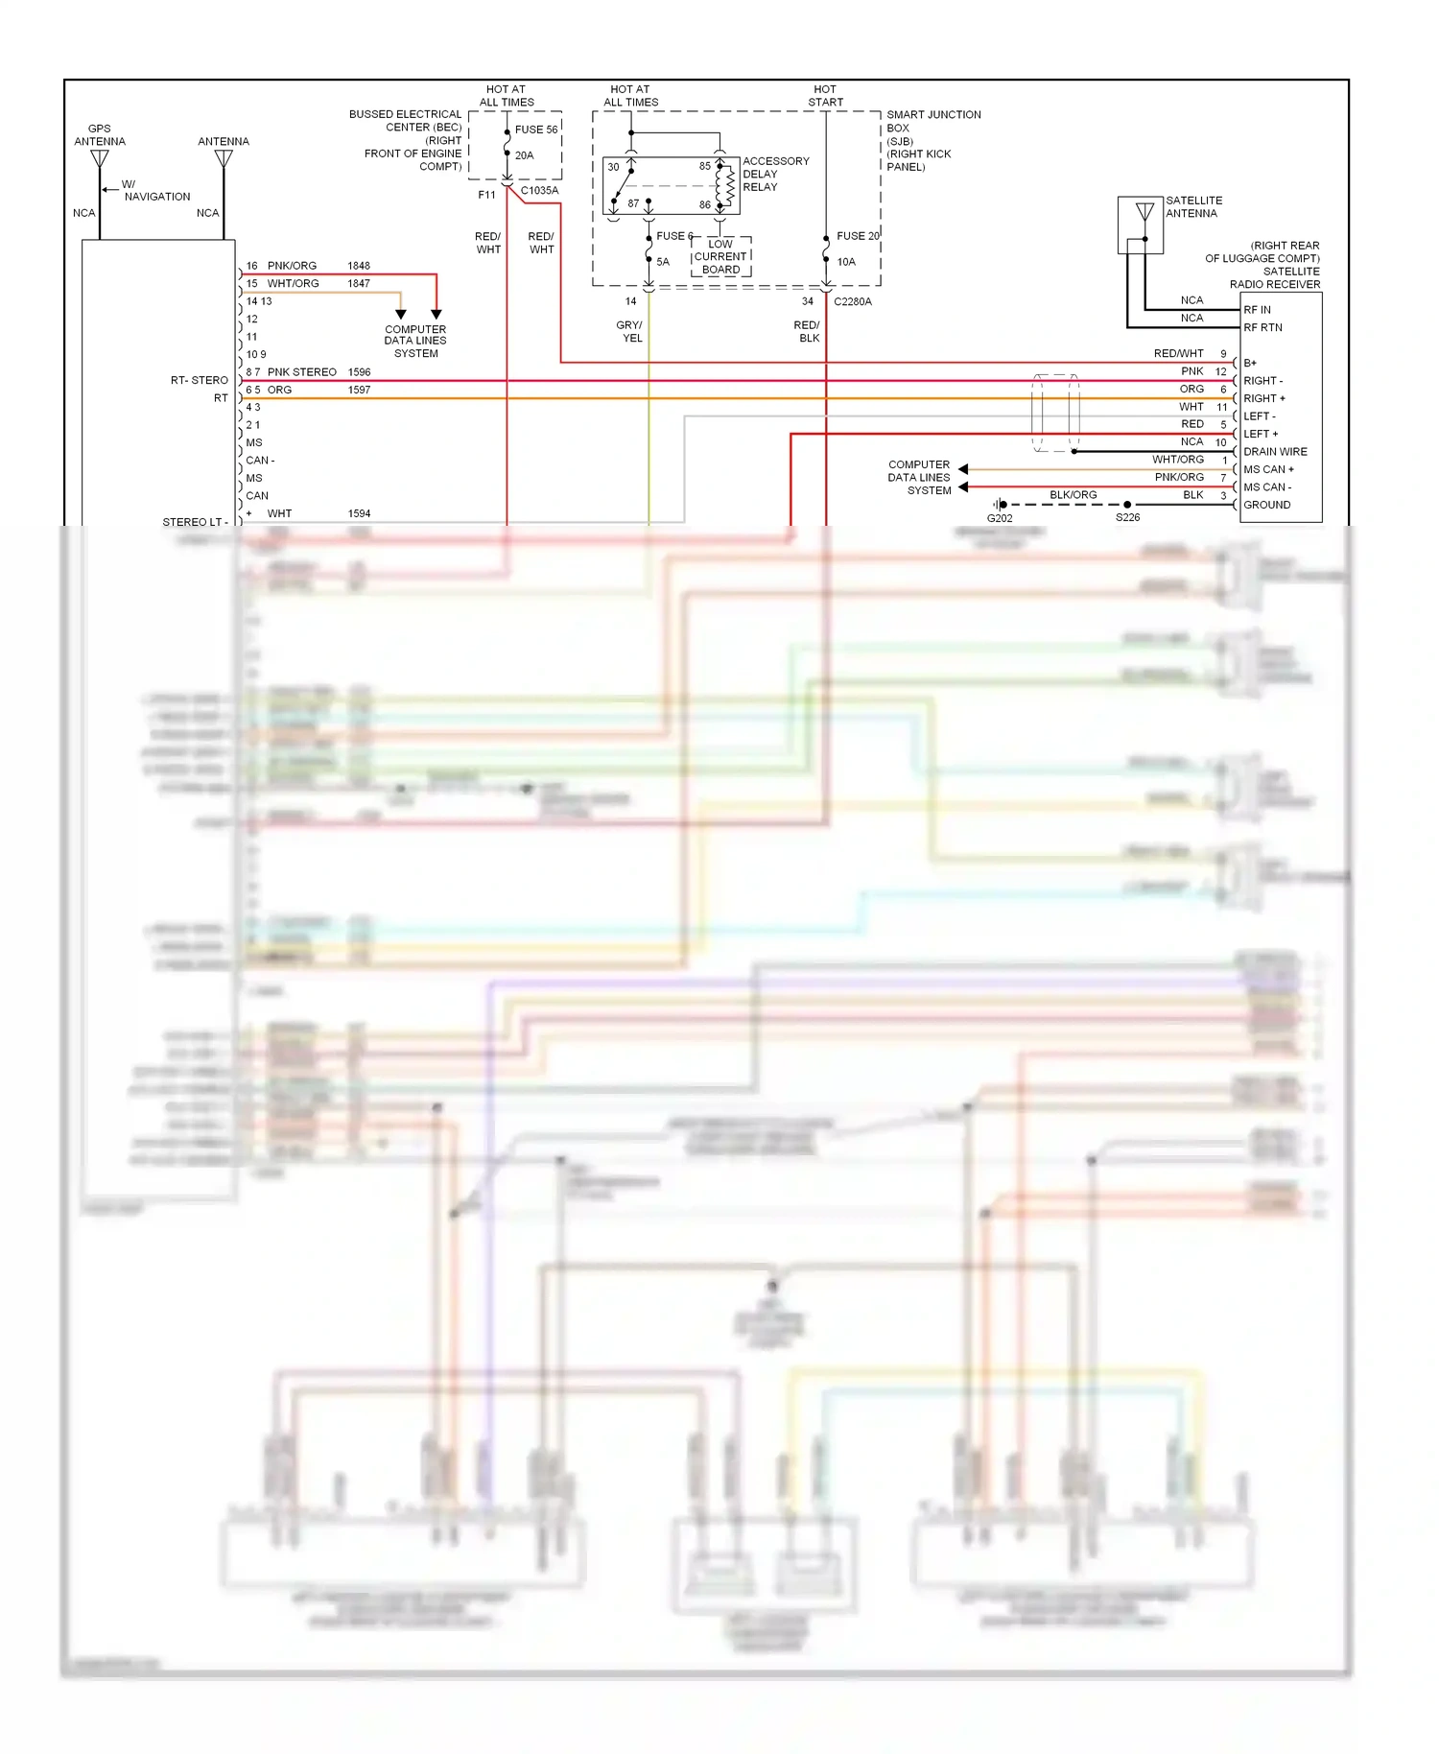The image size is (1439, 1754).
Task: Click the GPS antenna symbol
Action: click(100, 157)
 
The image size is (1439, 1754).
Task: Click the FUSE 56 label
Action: click(535, 130)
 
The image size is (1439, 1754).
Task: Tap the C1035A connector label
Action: click(539, 190)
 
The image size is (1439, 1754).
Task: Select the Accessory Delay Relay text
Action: click(775, 174)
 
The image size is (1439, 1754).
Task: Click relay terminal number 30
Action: click(613, 167)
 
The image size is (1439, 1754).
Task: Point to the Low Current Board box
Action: click(720, 257)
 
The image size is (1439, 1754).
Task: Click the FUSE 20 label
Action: click(857, 236)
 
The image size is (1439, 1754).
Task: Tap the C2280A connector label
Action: click(852, 301)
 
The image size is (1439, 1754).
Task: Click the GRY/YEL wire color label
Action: click(630, 332)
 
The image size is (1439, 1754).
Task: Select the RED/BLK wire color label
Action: click(808, 332)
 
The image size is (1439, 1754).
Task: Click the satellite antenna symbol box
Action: click(1141, 225)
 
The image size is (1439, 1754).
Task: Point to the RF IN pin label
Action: click(1257, 310)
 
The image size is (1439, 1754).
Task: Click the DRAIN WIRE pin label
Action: click(1275, 452)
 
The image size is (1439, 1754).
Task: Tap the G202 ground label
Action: click(1000, 518)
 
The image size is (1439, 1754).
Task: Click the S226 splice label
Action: click(1127, 518)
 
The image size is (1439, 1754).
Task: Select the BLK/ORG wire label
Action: click(1073, 495)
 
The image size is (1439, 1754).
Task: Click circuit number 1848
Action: click(359, 266)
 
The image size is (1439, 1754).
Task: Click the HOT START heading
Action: click(825, 95)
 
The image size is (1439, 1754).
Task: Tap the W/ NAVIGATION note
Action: click(153, 190)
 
